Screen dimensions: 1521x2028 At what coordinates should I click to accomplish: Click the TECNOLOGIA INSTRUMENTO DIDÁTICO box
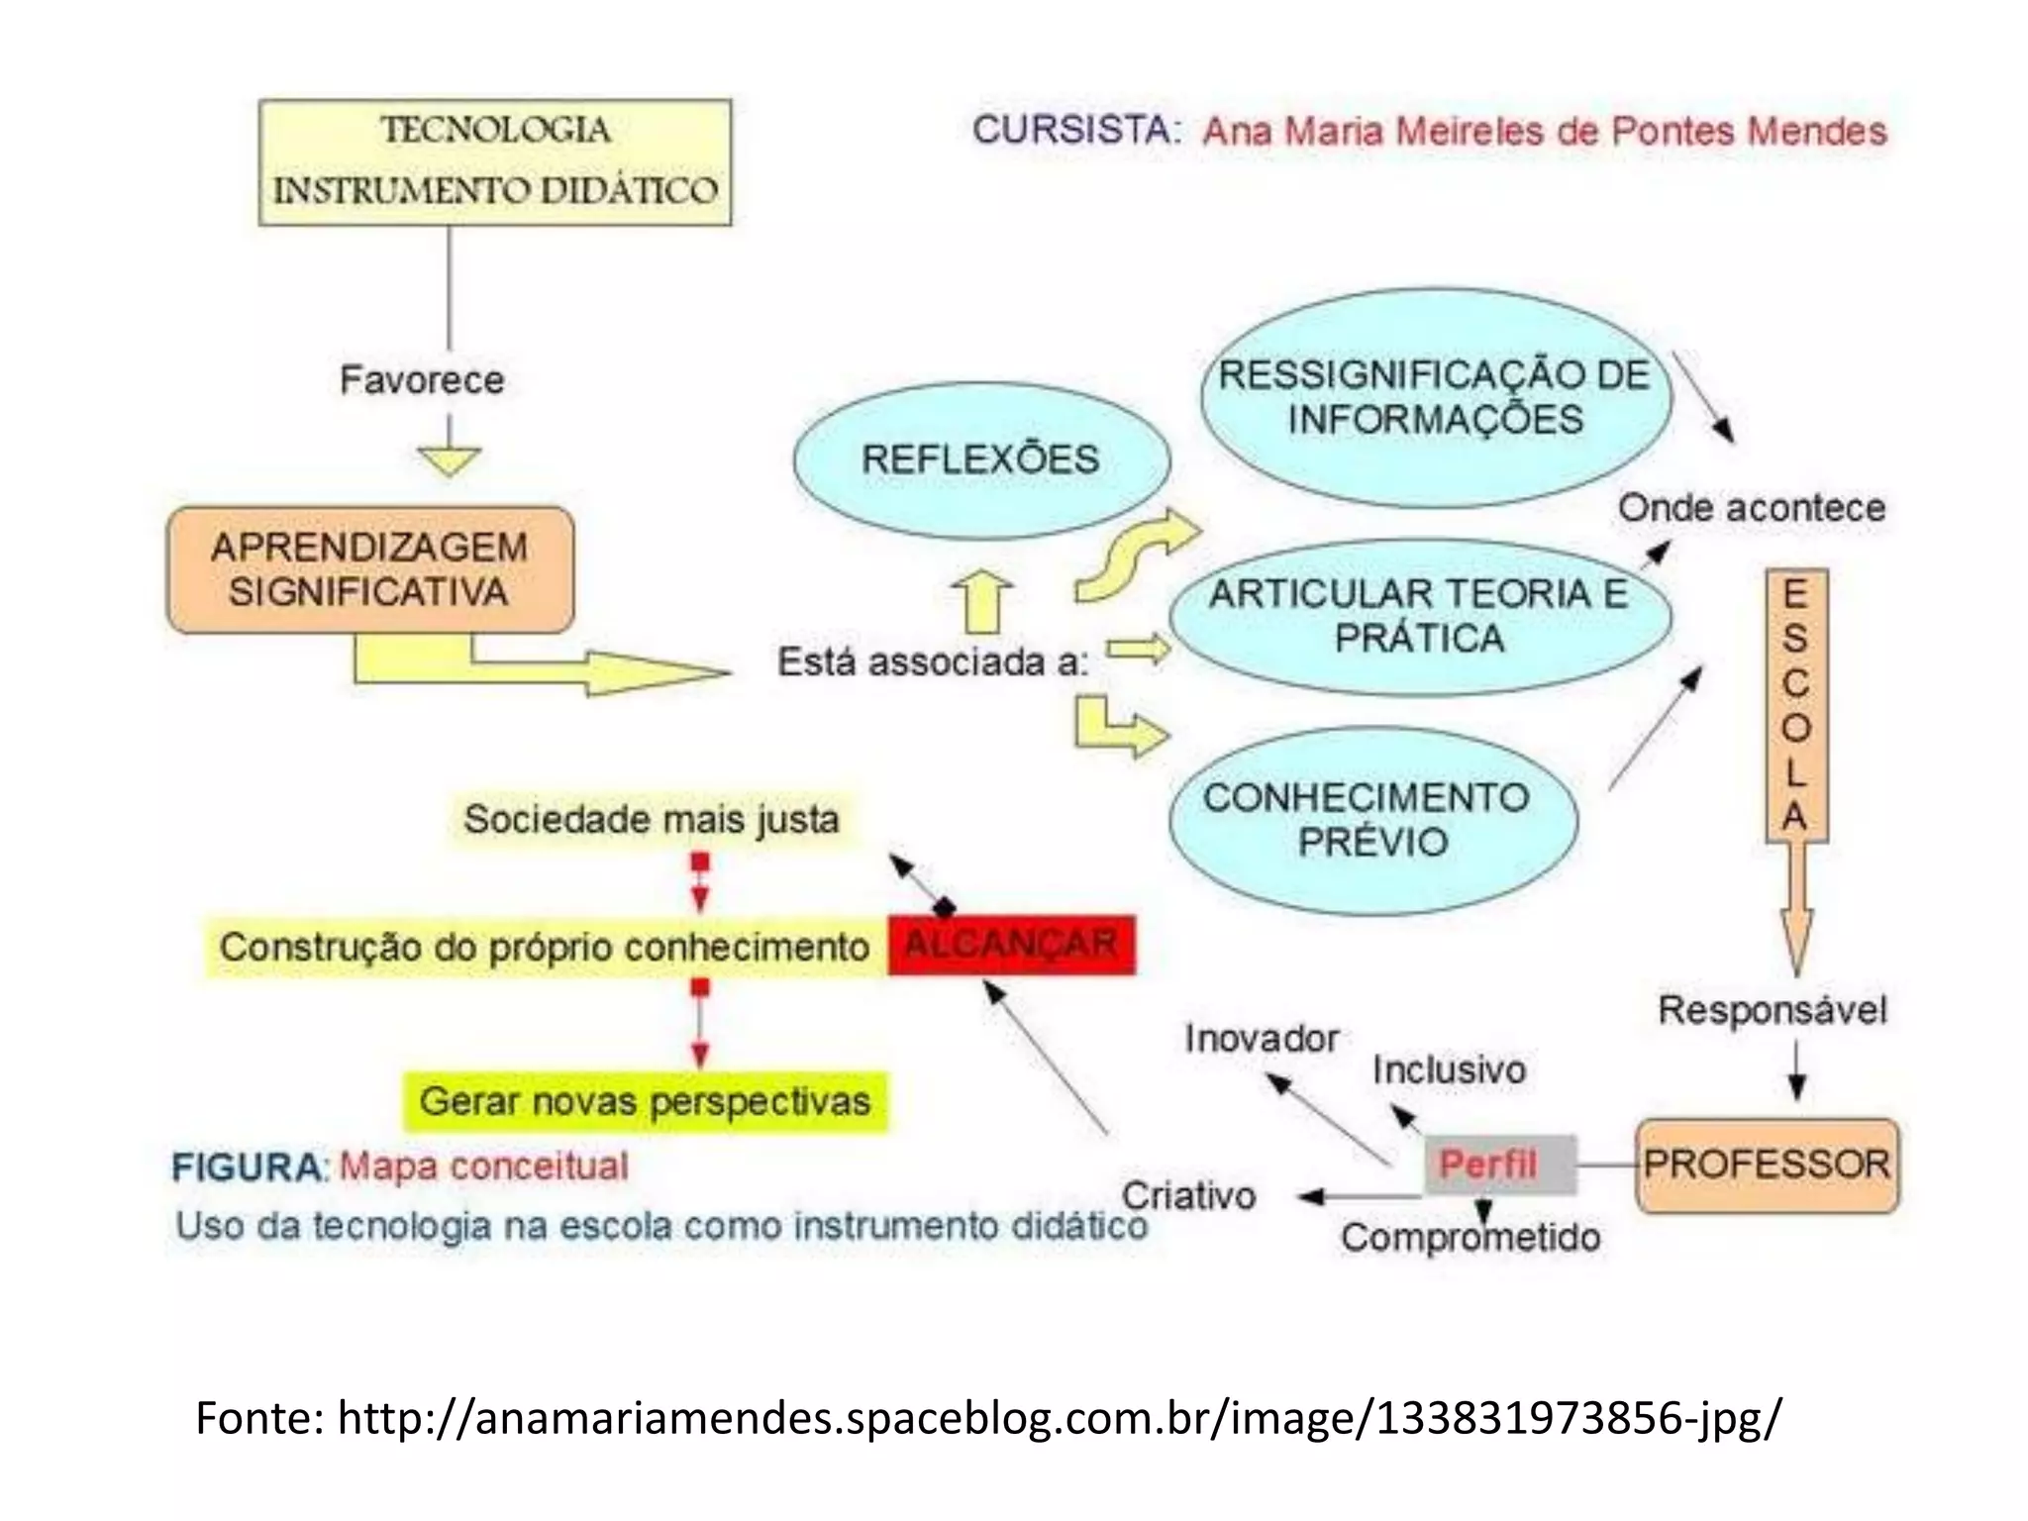(495, 161)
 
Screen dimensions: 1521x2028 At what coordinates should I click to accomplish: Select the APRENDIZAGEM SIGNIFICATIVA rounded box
(370, 570)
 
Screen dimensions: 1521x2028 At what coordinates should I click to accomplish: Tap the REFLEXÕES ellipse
(980, 459)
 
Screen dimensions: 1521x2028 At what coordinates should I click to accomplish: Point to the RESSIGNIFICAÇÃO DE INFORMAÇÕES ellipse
(1435, 397)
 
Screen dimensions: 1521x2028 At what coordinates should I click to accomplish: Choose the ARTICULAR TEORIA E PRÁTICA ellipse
(1419, 616)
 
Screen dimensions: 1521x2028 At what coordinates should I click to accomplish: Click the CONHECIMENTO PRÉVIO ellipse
(1371, 820)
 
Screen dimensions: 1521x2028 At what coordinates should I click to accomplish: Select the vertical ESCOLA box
(1795, 705)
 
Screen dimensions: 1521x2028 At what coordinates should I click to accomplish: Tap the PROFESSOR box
(1767, 1165)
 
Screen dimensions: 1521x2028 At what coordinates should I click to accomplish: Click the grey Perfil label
(1498, 1165)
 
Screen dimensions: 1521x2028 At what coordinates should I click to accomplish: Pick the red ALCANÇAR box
(1011, 945)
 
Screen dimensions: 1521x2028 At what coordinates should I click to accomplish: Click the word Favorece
(422, 380)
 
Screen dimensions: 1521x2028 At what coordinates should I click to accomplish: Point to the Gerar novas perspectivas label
(645, 1101)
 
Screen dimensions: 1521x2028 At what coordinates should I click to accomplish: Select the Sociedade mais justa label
(651, 820)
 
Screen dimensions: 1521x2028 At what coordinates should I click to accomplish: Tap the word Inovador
(1262, 1039)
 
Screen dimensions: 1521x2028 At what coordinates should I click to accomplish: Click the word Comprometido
(1470, 1238)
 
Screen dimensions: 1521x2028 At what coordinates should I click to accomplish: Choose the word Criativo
(1188, 1196)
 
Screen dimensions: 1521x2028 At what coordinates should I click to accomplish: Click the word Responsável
(1773, 1010)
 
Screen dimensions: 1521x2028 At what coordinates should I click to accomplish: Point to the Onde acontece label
(1751, 508)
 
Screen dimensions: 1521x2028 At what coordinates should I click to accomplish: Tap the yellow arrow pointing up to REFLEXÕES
(982, 603)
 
